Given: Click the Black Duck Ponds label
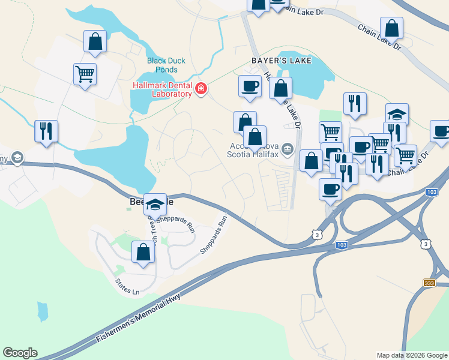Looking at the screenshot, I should coord(166,65).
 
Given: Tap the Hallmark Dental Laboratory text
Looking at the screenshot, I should coord(161,89).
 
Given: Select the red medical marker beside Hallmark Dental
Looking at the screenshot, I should coord(200,89).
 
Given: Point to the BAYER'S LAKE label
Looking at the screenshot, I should coord(275,61).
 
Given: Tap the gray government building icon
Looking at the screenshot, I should coord(288,148).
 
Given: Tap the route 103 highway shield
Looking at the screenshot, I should coord(341,245).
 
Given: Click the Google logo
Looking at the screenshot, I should coord(20,353).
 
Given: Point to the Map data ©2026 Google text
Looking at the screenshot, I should coord(412,355).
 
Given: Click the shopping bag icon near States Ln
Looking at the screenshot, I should coord(143,252).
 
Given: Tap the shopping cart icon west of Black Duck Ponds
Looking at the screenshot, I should coord(85,74).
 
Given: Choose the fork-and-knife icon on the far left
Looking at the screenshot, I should coord(46,130).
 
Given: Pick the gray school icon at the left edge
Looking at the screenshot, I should coord(17,158).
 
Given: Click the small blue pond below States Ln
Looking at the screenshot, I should coord(42,311).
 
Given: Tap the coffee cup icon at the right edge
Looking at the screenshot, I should coord(441,131).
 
